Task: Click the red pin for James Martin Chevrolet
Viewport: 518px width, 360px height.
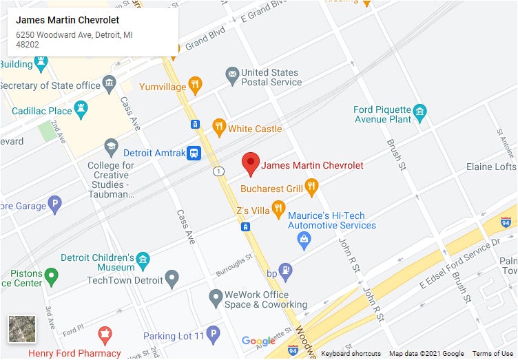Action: click(251, 163)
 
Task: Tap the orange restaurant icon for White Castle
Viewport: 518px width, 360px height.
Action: click(219, 126)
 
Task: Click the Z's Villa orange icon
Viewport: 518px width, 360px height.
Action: click(278, 208)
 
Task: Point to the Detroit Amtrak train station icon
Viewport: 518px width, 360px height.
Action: click(195, 153)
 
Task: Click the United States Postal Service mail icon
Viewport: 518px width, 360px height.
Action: click(231, 73)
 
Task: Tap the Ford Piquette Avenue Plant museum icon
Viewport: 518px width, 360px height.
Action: click(419, 111)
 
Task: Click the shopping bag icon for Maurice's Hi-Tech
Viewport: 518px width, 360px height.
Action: click(304, 241)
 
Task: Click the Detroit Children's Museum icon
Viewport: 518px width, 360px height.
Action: click(143, 259)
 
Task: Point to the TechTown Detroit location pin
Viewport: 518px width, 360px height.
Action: click(172, 279)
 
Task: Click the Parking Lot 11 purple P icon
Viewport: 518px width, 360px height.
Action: click(214, 335)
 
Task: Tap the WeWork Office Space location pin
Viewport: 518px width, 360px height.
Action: click(216, 297)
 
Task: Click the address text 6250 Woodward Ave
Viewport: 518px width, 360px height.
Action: click(69, 34)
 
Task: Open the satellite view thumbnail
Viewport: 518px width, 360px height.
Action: click(22, 329)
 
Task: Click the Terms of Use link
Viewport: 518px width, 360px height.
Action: click(492, 354)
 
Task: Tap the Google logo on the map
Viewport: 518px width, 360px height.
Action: click(258, 341)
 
